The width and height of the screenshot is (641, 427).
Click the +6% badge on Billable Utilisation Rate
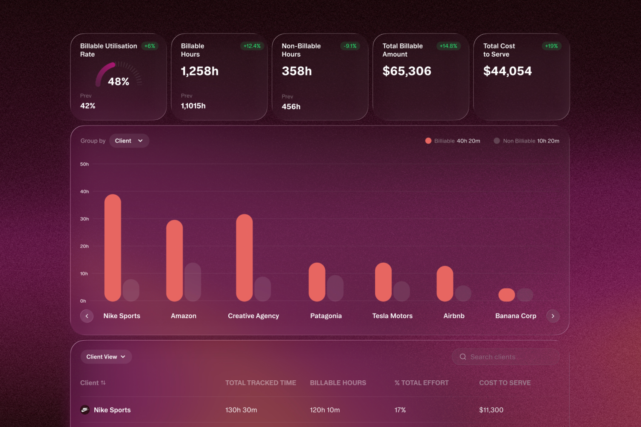[150, 46]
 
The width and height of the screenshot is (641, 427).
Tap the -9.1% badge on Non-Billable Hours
[350, 46]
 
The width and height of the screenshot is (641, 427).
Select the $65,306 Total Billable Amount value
[406, 71]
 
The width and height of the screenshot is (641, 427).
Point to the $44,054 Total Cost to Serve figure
[507, 71]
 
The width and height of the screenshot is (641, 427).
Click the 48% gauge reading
[119, 81]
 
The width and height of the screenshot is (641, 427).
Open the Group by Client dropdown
[129, 141]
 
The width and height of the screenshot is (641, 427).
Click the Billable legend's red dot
[428, 141]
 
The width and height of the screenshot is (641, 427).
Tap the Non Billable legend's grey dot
[497, 141]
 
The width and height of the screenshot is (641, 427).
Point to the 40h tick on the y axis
[84, 191]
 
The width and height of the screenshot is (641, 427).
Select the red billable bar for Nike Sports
[113, 248]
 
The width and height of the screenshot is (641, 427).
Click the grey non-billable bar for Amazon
[192, 282]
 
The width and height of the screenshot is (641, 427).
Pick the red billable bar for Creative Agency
[245, 258]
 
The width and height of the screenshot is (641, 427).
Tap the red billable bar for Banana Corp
[507, 295]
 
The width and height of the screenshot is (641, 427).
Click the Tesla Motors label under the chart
[392, 316]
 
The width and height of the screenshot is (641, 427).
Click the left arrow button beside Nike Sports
[87, 316]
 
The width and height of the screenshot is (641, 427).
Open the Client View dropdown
[106, 357]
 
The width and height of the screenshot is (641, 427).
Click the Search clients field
[506, 357]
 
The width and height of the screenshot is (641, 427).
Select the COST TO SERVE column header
[505, 383]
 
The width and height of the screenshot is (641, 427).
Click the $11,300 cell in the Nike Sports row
[491, 410]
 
